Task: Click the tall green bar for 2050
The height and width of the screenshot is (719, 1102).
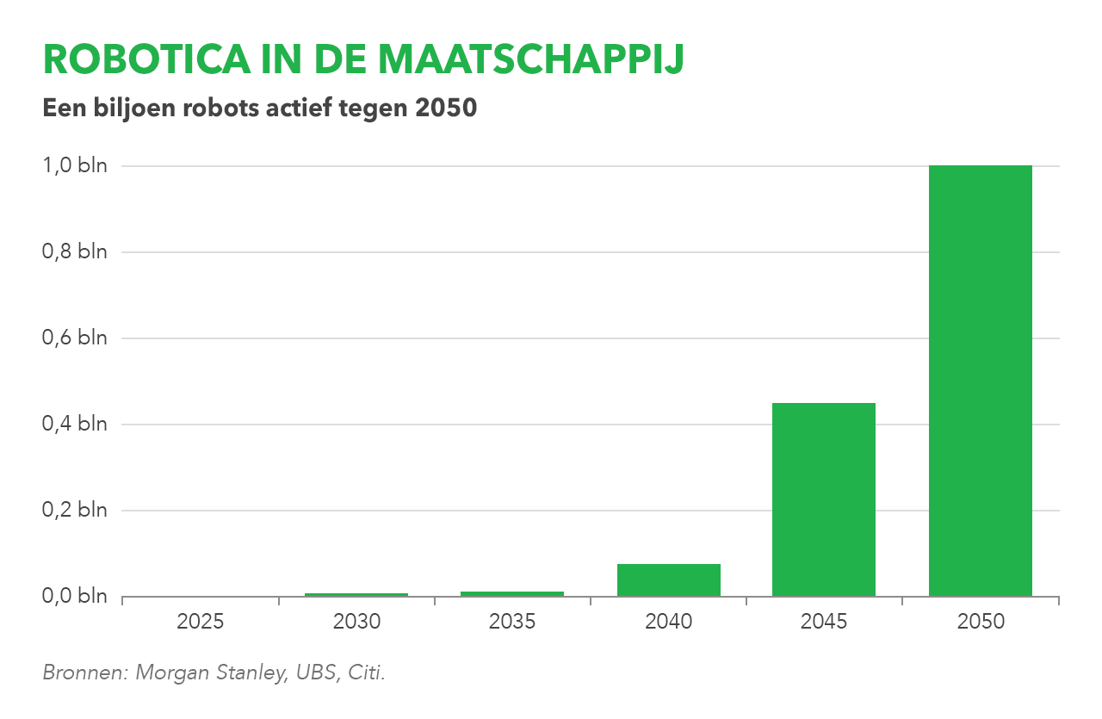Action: (980, 381)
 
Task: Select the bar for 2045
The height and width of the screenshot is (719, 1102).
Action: (824, 499)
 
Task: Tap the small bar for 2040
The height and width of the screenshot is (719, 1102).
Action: (668, 580)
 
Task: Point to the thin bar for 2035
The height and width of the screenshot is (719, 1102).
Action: (512, 593)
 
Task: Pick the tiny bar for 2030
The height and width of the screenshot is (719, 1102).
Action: (356, 594)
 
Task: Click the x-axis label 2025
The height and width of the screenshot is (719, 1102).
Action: (201, 621)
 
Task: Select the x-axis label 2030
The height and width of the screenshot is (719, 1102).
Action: (356, 621)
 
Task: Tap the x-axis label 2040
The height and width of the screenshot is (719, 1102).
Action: (668, 621)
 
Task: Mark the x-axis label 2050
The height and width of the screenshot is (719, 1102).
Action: (981, 621)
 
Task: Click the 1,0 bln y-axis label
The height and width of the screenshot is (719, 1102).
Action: (75, 165)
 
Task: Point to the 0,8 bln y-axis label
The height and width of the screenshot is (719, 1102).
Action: (75, 251)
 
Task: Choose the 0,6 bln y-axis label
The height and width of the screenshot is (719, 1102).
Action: (75, 338)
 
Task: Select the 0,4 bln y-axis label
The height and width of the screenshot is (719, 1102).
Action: (75, 424)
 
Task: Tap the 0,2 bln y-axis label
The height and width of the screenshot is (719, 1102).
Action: (75, 510)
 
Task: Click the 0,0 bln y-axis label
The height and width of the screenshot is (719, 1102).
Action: (75, 596)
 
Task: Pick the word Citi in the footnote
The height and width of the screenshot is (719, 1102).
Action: (365, 673)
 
